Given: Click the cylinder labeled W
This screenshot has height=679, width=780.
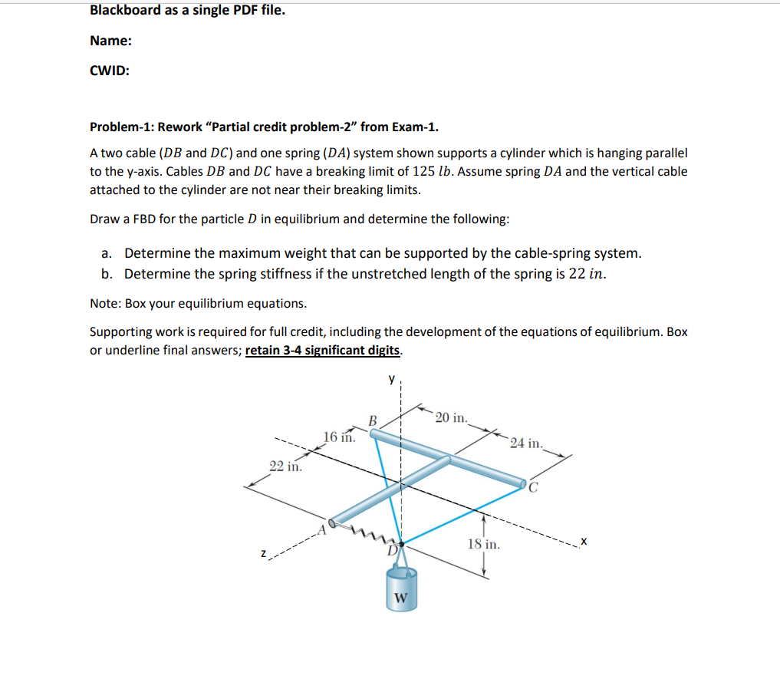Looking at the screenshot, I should click(x=401, y=591).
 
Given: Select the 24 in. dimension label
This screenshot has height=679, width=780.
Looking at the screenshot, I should click(x=528, y=443).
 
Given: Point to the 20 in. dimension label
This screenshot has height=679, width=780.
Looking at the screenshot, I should click(x=452, y=418).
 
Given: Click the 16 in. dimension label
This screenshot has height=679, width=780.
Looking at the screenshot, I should click(x=339, y=437).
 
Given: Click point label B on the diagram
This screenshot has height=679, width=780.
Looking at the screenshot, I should click(x=373, y=420).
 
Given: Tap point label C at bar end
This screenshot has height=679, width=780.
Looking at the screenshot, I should click(x=534, y=486).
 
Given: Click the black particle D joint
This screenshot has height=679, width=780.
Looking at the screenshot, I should click(x=400, y=542).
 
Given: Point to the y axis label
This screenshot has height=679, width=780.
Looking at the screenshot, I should click(x=391, y=378).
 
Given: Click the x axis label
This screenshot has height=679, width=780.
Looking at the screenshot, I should click(x=584, y=542).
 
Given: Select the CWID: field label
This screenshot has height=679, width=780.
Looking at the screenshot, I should click(x=109, y=71).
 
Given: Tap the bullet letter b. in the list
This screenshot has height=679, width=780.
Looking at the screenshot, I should click(x=108, y=274).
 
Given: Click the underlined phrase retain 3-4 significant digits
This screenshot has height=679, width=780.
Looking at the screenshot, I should click(x=322, y=351).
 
